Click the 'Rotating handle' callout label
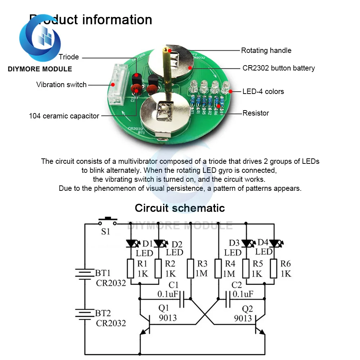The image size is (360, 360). click(266, 50)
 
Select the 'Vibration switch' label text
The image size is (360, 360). click(61, 85)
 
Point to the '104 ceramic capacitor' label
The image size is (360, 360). click(64, 116)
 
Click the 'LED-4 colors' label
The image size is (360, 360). click(263, 91)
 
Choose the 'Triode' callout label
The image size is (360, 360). click(69, 57)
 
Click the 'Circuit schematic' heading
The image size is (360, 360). click(180, 208)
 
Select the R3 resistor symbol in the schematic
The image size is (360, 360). click(191, 269)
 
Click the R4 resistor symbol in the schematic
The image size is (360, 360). click(219, 269)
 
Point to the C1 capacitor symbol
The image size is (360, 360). click(182, 299)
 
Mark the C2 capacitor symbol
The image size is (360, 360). click(228, 299)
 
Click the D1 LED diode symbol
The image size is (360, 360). click(131, 244)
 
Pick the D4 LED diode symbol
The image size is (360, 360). click(274, 244)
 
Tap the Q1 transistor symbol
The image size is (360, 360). click(146, 325)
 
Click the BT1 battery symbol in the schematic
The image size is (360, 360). click(85, 274)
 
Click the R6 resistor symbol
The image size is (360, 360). click(274, 269)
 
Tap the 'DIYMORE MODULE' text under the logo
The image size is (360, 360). click(40, 69)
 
